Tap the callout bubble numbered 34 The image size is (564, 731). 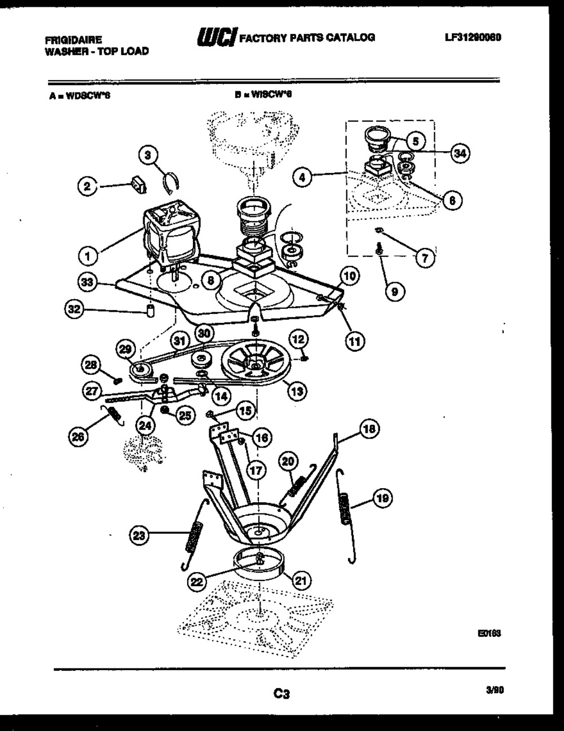(x=461, y=153)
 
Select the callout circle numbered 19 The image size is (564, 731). (x=383, y=498)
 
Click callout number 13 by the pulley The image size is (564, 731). (x=296, y=389)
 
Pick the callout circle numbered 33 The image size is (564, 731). (x=87, y=285)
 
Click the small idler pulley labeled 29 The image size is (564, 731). (x=139, y=370)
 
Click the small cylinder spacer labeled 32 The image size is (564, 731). (x=151, y=310)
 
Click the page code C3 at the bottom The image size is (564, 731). (x=281, y=694)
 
